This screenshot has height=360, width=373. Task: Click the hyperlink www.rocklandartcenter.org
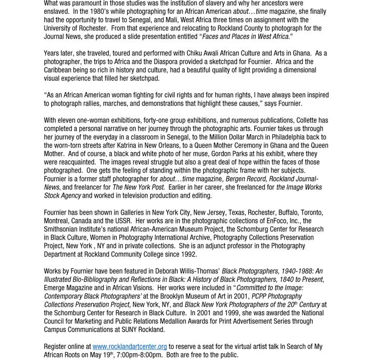(x=129, y=347)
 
